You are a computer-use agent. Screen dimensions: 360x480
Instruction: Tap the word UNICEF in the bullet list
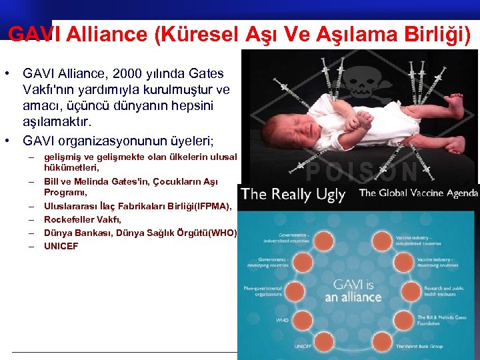pyautogui.click(x=61, y=246)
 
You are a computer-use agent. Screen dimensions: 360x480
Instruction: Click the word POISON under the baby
pyautogui.click(x=363, y=171)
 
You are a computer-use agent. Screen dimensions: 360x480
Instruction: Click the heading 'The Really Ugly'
pyautogui.click(x=293, y=194)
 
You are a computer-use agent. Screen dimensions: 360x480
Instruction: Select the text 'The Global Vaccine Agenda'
pyautogui.click(x=418, y=193)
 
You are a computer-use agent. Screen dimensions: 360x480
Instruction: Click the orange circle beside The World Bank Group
pyautogui.click(x=386, y=345)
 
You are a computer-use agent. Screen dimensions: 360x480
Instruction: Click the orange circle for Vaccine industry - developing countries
pyautogui.click(x=407, y=261)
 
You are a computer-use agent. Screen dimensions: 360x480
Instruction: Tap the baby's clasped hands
pyautogui.click(x=360, y=120)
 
